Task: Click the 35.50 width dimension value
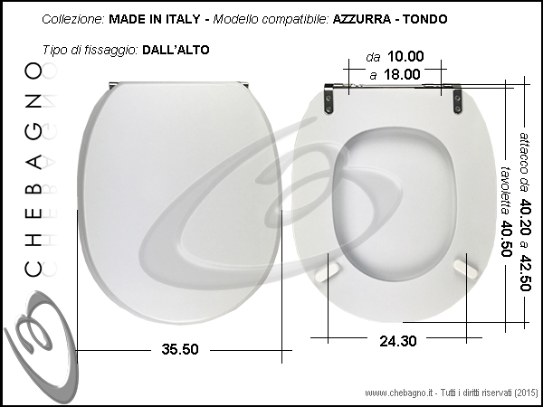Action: pyautogui.click(x=180, y=349)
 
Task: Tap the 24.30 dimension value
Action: pyautogui.click(x=398, y=341)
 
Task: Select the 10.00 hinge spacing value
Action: pyautogui.click(x=405, y=56)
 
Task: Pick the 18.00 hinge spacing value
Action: pyautogui.click(x=403, y=74)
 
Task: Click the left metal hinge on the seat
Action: pyautogui.click(x=329, y=99)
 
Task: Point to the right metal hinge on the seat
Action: pyautogui.click(x=457, y=99)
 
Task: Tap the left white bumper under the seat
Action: pyautogui.click(x=328, y=271)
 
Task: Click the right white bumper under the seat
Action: pyautogui.click(x=465, y=269)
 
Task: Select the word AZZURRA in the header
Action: pyautogui.click(x=361, y=19)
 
